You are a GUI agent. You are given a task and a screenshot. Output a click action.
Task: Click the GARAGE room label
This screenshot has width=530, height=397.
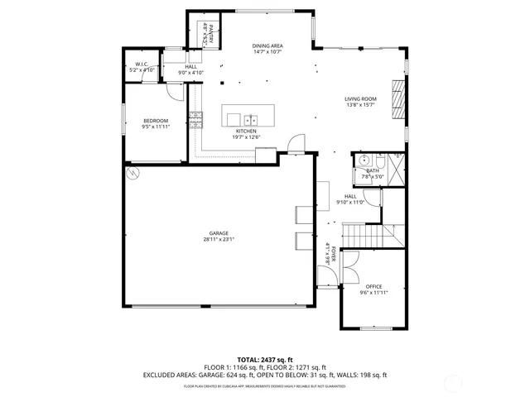(x=219, y=233)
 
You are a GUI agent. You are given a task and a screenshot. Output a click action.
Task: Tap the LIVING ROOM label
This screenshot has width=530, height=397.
(x=360, y=98)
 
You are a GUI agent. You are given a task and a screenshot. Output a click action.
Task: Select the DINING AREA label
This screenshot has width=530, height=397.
(x=267, y=45)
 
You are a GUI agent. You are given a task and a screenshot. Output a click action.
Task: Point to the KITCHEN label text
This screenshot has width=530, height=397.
(x=246, y=131)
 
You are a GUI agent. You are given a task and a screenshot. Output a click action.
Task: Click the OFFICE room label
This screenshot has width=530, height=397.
(x=373, y=286)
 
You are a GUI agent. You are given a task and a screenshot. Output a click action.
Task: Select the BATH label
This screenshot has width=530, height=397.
(x=373, y=170)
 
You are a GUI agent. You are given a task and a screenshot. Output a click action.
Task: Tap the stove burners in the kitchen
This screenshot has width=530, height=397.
(x=196, y=122)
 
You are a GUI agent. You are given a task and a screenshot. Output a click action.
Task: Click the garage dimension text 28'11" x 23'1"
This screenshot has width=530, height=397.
(x=219, y=240)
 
